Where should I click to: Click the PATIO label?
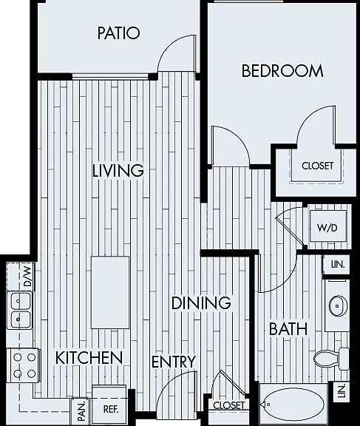click(118, 33)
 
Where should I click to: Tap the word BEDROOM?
click(282, 71)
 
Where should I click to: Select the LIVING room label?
click(118, 170)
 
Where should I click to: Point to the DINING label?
click(201, 302)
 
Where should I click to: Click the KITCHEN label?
click(89, 357)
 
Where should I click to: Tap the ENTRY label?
click(174, 362)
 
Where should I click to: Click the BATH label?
click(288, 328)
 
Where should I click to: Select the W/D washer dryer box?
click(328, 226)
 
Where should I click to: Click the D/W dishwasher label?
click(27, 277)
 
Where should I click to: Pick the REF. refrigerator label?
click(111, 409)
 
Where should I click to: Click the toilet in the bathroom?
click(331, 358)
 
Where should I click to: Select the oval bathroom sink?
click(338, 306)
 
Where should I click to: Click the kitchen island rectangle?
click(110, 292)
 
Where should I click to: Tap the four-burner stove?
click(24, 365)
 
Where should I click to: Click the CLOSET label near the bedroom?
click(317, 166)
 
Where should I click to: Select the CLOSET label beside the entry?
click(228, 405)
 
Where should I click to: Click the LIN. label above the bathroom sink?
click(338, 264)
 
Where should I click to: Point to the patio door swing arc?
click(171, 45)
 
